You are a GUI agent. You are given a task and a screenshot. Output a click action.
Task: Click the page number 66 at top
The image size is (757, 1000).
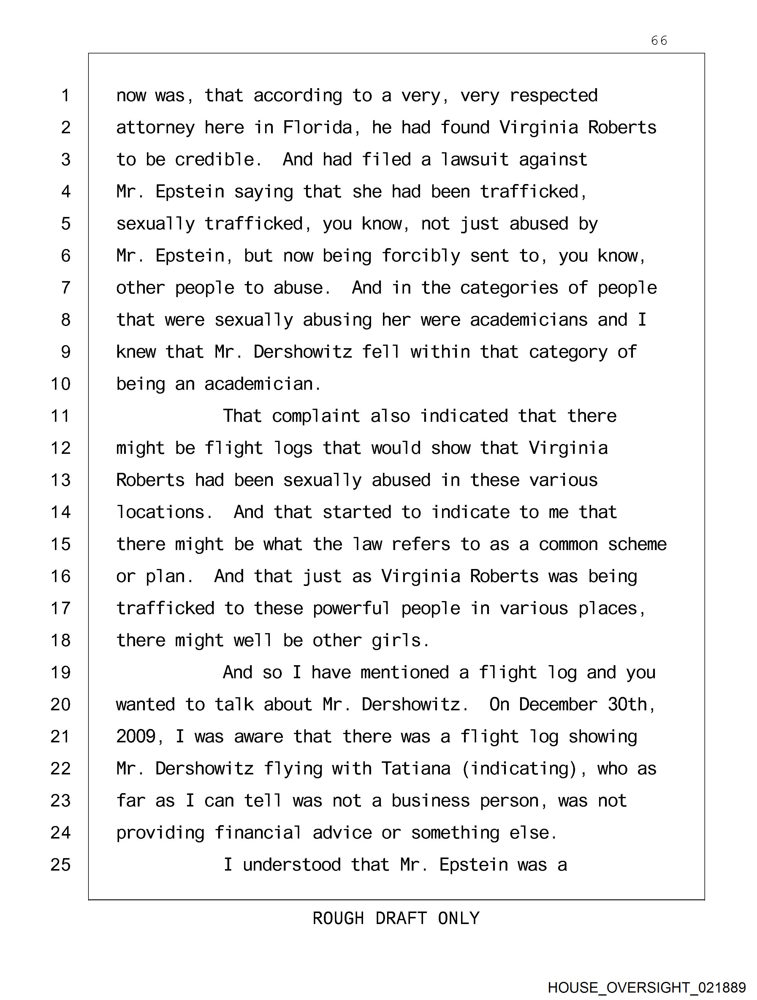pos(659,41)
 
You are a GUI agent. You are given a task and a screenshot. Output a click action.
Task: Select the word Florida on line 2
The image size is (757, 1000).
pos(317,128)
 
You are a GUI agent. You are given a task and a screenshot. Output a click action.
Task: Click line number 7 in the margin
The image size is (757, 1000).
pos(66,288)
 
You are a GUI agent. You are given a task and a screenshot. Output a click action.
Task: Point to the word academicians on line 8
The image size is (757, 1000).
pos(529,320)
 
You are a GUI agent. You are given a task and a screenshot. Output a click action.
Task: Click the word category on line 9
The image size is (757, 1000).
pos(568,352)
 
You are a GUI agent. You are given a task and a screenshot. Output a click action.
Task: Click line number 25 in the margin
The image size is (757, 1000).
pos(61,865)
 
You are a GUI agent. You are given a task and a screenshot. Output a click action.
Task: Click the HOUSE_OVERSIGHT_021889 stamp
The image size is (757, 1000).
pos(646,987)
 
